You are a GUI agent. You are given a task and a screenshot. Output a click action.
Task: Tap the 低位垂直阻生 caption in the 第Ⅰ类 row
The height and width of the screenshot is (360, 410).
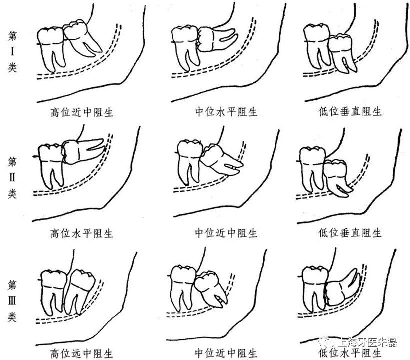click(x=350, y=112)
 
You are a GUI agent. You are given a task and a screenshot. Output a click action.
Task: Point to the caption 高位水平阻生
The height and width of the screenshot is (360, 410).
click(x=82, y=233)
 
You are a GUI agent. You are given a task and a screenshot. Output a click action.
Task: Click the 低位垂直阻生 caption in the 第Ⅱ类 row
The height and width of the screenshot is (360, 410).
click(x=350, y=233)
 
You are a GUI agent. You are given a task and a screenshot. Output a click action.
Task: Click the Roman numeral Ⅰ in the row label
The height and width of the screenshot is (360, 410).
click(x=13, y=51)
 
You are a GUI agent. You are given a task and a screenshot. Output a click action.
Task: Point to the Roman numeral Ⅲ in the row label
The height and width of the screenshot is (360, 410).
click(x=13, y=300)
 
